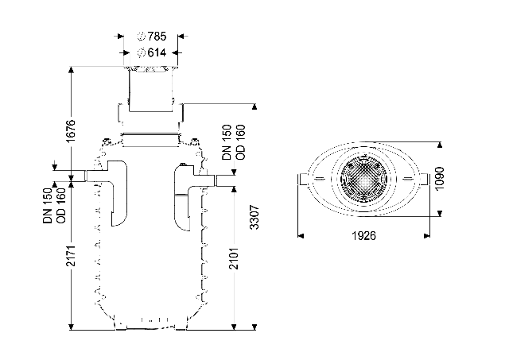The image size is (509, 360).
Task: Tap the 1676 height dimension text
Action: click(x=71, y=130)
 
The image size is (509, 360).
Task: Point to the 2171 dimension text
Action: click(x=71, y=256)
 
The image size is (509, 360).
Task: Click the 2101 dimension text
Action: click(x=234, y=258)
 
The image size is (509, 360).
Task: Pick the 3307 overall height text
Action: click(x=254, y=217)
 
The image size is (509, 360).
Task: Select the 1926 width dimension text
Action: click(x=364, y=236)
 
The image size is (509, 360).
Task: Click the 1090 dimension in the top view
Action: click(x=439, y=179)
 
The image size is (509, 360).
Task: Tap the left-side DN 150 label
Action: click(x=48, y=206)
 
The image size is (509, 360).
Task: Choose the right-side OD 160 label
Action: click(x=240, y=142)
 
